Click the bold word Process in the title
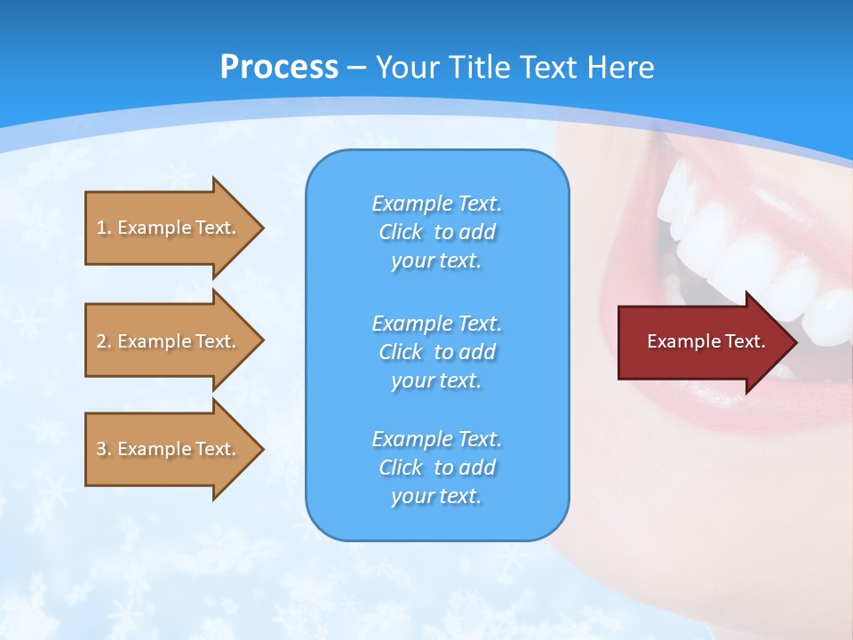click(279, 67)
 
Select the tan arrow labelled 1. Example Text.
click(169, 228)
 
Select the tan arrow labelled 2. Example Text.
click(169, 341)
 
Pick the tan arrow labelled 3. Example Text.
click(169, 449)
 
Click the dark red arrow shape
click(702, 341)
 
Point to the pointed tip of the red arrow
click(795, 341)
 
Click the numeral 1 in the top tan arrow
click(101, 228)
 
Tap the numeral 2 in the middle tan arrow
click(101, 341)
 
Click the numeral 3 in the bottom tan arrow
click(101, 449)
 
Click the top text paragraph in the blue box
click(436, 232)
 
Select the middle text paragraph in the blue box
click(436, 351)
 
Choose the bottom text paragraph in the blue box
click(436, 468)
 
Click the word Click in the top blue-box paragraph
click(400, 232)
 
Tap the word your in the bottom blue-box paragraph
click(411, 497)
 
